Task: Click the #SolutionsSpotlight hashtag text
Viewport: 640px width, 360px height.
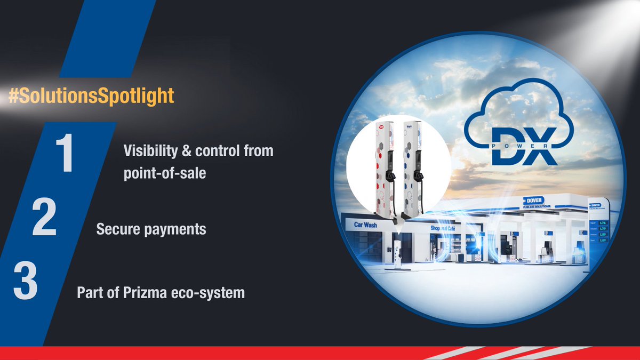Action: (x=91, y=96)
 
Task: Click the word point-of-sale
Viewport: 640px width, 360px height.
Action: (x=164, y=173)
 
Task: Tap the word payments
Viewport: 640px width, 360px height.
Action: (x=174, y=230)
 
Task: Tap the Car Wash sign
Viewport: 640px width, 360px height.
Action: (x=365, y=225)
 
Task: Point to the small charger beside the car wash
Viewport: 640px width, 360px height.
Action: (x=397, y=253)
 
